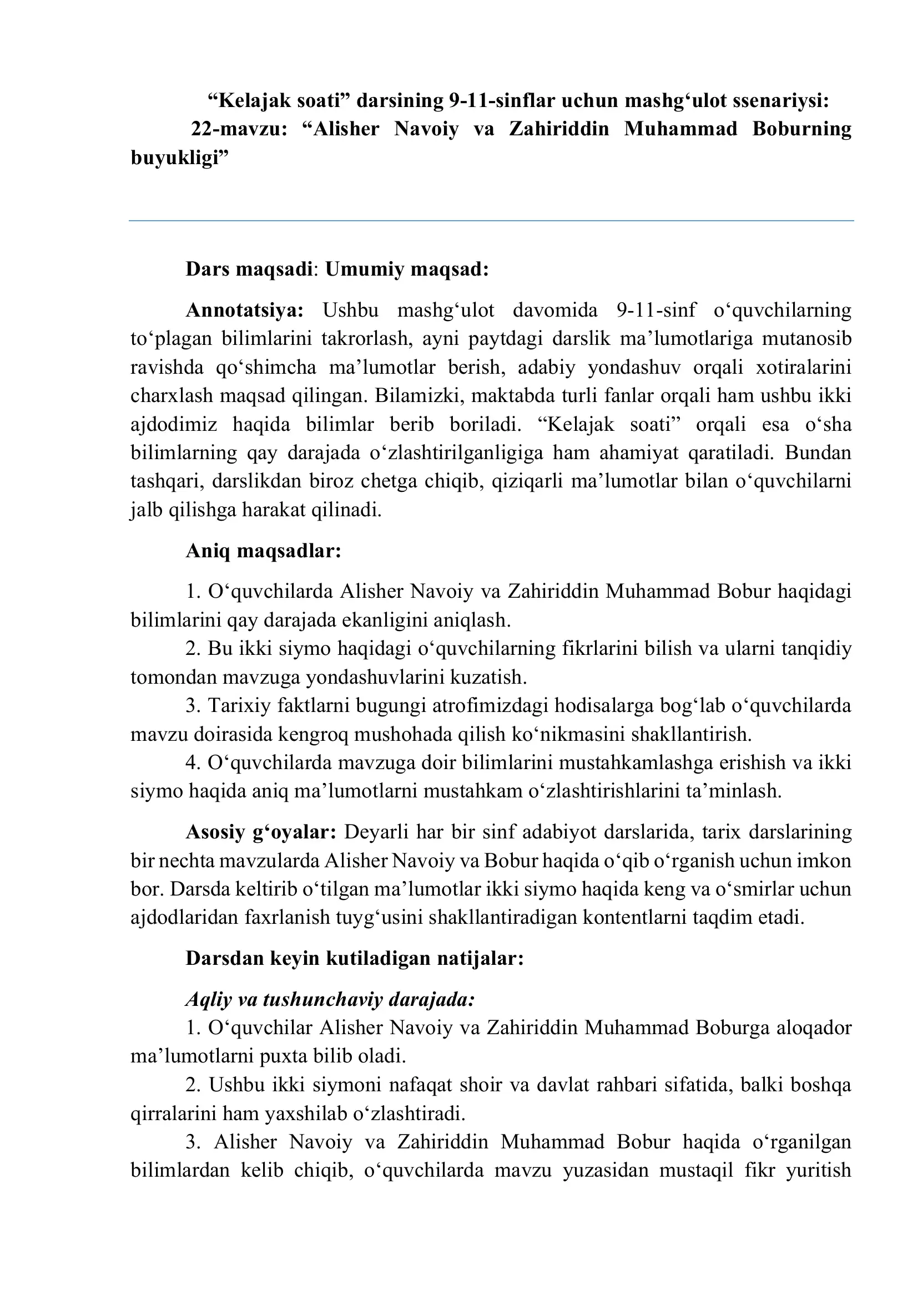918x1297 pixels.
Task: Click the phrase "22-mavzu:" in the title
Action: point(239,129)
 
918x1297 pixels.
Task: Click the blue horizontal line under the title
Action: point(491,221)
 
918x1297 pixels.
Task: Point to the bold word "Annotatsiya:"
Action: point(245,311)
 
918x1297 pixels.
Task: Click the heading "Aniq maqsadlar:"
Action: point(264,551)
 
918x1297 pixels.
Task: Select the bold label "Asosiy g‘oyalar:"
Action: point(261,832)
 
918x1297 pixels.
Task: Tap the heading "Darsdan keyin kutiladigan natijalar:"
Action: point(355,959)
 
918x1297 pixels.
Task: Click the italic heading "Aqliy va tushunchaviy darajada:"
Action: point(330,999)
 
